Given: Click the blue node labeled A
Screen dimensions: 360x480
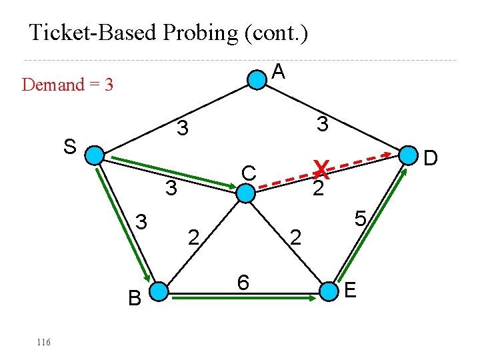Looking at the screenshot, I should point(257,79).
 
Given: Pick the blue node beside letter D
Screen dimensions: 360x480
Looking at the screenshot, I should point(407,155).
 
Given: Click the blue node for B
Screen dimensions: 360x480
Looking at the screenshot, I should point(158,291).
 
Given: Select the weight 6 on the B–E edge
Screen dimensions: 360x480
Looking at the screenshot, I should point(244,283).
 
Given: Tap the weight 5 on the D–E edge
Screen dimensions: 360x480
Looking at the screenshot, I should point(361,219).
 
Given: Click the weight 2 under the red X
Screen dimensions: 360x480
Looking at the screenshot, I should point(319,189).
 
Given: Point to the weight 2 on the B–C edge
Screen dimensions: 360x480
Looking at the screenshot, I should point(193,236).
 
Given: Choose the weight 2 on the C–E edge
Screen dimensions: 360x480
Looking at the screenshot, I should point(297,236).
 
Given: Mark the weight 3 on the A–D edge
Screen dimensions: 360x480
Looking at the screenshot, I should point(322,124).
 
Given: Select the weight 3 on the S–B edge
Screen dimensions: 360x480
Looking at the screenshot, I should point(142,220).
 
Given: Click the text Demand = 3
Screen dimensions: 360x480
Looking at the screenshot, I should point(67,85).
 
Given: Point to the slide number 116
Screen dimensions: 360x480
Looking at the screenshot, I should point(43,342).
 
